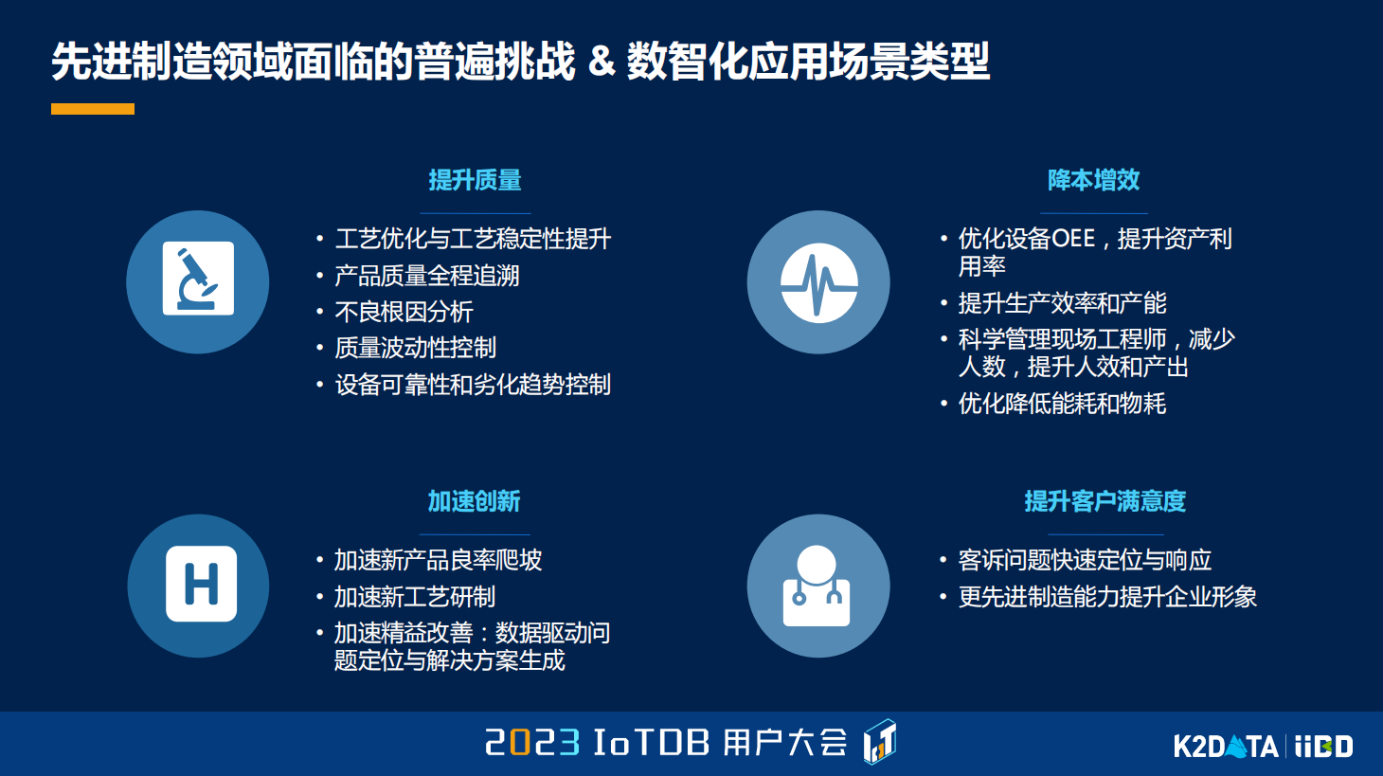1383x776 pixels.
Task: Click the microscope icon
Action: pyautogui.click(x=198, y=280)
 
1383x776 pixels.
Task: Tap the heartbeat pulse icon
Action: pyautogui.click(x=818, y=282)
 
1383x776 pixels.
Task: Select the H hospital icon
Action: pyautogui.click(x=201, y=585)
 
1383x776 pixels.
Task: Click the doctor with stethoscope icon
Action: pyautogui.click(x=817, y=586)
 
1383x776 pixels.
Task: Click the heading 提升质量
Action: pyautogui.click(x=475, y=180)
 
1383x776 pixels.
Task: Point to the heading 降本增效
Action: pyautogui.click(x=1093, y=180)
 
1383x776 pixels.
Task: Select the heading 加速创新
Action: pyautogui.click(x=474, y=501)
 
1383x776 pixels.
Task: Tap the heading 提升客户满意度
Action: pyautogui.click(x=1105, y=501)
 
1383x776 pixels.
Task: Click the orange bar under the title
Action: pyautogui.click(x=92, y=109)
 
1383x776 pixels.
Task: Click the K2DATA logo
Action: pyautogui.click(x=1226, y=747)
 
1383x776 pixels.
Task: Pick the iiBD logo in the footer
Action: pyautogui.click(x=1324, y=747)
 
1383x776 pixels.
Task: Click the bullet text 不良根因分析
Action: pyautogui.click(x=404, y=312)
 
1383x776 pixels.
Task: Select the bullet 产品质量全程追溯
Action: pyautogui.click(x=427, y=276)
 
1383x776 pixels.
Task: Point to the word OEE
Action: pyautogui.click(x=1068, y=239)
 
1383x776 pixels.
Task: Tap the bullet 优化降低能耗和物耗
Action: pyautogui.click(x=1062, y=404)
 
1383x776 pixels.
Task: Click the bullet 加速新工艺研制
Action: pyautogui.click(x=415, y=597)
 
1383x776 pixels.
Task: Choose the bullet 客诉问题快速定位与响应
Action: pyautogui.click(x=1085, y=560)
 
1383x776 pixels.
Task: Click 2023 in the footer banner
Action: pyautogui.click(x=532, y=742)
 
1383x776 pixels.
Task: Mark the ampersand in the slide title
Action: pyautogui.click(x=601, y=62)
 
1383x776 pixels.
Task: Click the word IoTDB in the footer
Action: pyautogui.click(x=651, y=742)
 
